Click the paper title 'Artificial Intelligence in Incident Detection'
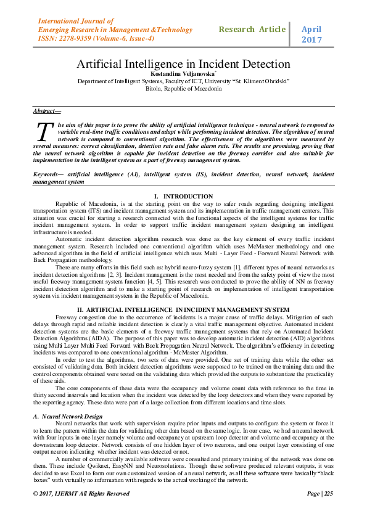(183, 63)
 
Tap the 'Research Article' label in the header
(252, 29)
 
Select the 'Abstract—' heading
(47, 111)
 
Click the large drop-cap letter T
(43, 132)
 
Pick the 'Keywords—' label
(49, 175)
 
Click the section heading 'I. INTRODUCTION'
(183, 195)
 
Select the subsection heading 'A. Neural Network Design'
(68, 417)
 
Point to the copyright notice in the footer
(81, 493)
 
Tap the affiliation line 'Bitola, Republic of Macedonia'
(183, 88)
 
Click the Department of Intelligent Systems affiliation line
(183, 81)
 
